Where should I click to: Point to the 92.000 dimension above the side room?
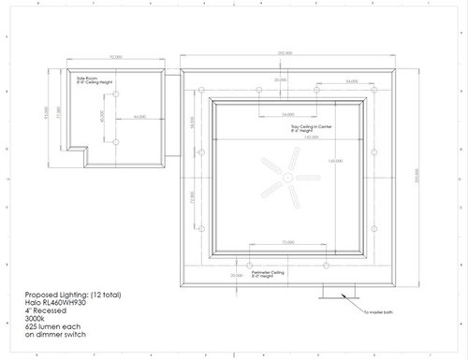[x=117, y=58]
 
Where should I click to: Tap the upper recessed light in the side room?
[x=114, y=97]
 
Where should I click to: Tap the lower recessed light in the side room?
[x=114, y=141]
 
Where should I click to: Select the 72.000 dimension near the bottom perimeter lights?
[x=287, y=241]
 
